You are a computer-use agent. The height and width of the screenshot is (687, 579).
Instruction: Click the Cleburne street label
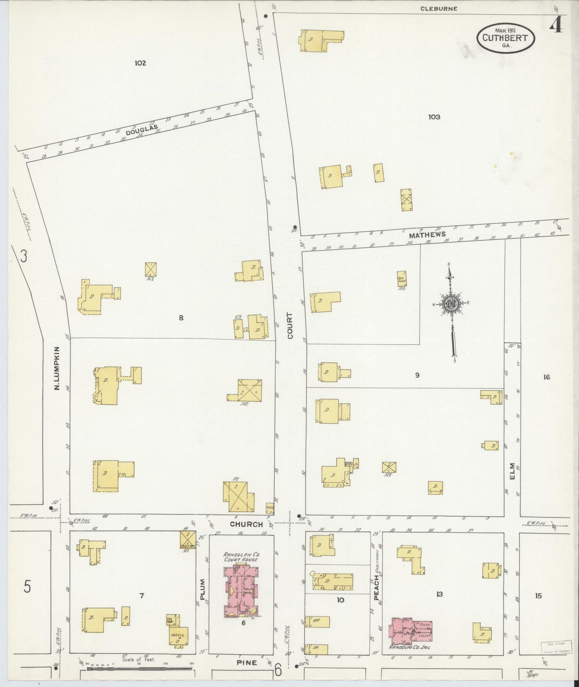pos(439,8)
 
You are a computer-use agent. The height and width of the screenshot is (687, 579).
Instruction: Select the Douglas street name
pos(139,129)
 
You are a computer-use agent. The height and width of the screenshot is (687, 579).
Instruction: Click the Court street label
pos(290,325)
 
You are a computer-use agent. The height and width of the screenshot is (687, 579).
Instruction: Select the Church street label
pos(246,524)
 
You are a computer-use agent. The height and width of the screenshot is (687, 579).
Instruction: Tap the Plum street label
pos(202,589)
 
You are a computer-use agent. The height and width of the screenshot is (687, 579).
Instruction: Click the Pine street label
pos(246,663)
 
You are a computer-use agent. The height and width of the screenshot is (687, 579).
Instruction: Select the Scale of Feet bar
pos(139,669)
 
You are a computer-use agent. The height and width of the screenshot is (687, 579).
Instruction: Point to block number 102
pos(140,63)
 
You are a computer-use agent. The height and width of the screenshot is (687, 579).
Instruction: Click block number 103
pos(434,117)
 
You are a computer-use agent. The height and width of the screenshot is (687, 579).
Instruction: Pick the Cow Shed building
pos(402,279)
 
